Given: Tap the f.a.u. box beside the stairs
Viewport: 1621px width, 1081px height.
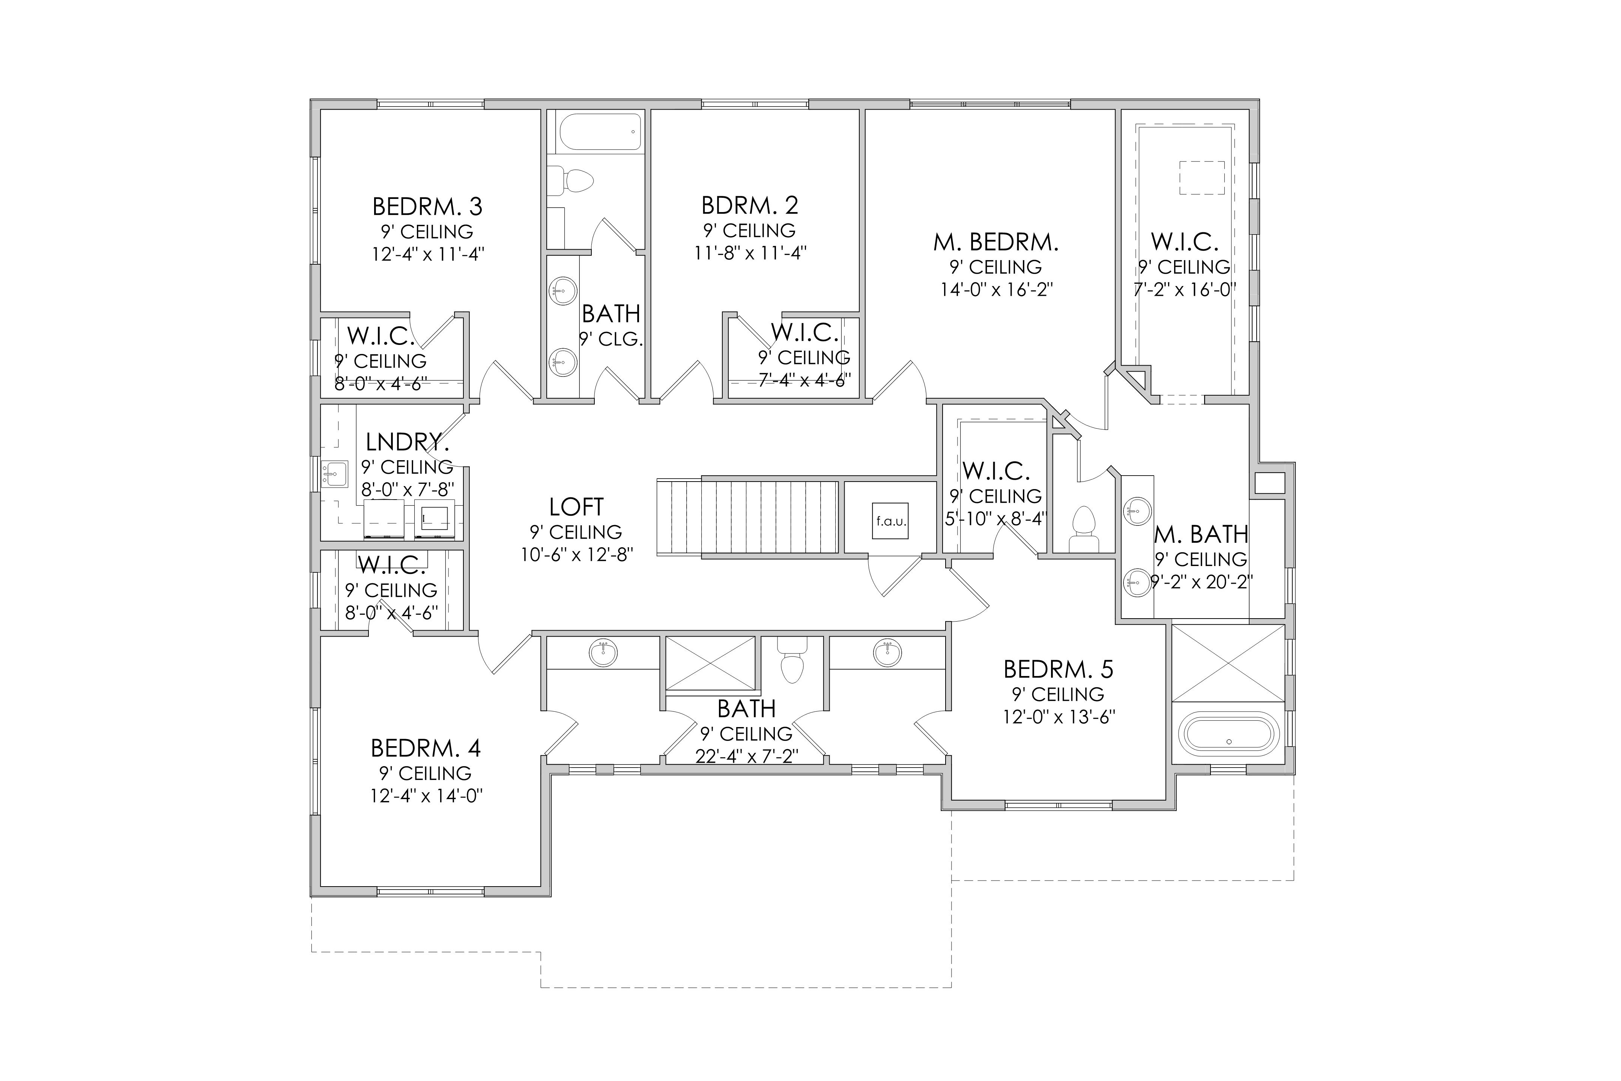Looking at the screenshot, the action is (891, 521).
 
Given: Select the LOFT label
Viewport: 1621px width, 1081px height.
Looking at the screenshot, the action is (576, 507).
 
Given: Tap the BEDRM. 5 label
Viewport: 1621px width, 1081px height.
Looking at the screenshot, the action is (1059, 669).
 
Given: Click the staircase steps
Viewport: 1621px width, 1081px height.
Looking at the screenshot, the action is (747, 517).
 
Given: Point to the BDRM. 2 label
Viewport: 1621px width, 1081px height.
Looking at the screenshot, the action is (750, 205).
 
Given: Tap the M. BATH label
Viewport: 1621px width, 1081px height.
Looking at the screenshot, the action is (1201, 534).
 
